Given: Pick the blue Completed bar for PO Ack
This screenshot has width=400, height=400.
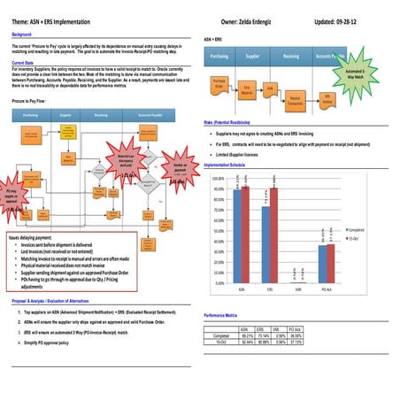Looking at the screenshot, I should point(321,263).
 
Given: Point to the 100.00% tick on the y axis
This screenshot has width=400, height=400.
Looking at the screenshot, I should point(217,178).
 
